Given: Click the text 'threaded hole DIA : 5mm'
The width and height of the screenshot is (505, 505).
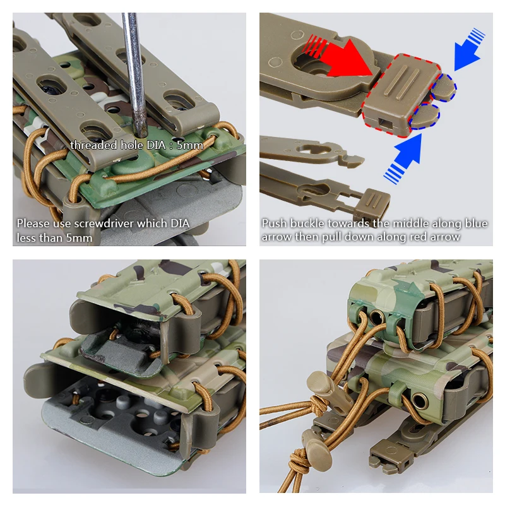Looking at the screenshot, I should [136, 145].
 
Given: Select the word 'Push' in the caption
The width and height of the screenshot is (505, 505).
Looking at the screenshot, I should [274, 223].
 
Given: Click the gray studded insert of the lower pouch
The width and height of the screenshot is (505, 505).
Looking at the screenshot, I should [114, 417].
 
